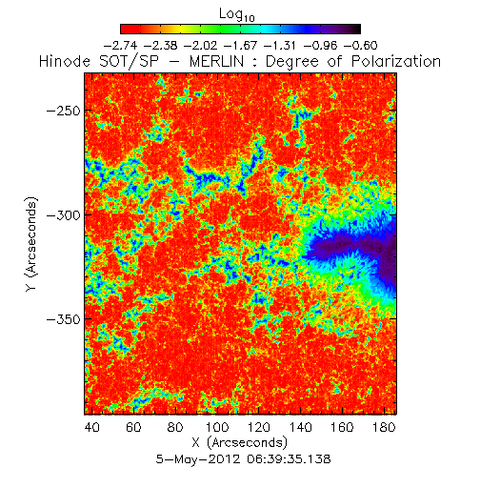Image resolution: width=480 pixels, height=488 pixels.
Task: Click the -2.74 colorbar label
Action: pyautogui.click(x=121, y=46)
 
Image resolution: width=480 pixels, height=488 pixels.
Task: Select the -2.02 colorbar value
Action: pyautogui.click(x=201, y=46)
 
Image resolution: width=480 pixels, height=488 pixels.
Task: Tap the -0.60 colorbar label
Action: pyautogui.click(x=361, y=46)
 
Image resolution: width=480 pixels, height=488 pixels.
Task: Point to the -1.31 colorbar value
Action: pyautogui.click(x=281, y=46)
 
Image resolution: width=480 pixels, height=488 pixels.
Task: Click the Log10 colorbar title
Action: pyautogui.click(x=237, y=14)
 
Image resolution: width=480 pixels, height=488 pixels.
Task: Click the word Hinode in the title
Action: pyautogui.click(x=65, y=61)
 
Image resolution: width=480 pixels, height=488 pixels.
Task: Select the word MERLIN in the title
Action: pyautogui.click(x=217, y=61)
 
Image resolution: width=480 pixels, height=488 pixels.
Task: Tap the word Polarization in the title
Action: pyautogui.click(x=396, y=62)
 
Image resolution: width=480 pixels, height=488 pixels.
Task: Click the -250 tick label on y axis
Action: pyautogui.click(x=64, y=112)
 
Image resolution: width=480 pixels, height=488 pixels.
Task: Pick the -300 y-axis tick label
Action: pyautogui.click(x=64, y=215)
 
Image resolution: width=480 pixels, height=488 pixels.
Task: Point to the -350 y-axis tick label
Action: pyautogui.click(x=64, y=319)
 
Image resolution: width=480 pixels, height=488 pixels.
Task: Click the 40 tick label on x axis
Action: pyautogui.click(x=92, y=427)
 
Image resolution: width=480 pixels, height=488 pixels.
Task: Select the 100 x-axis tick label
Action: pyautogui.click(x=217, y=427)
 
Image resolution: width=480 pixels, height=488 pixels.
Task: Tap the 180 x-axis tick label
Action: pyautogui.click(x=384, y=427)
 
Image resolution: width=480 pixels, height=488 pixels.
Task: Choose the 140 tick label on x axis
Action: pyautogui.click(x=301, y=427)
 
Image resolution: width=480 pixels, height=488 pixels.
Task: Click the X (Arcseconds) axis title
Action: pyautogui.click(x=240, y=442)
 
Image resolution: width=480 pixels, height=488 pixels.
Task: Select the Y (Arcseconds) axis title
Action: pyautogui.click(x=31, y=244)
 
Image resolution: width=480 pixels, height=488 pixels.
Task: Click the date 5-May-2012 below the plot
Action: pyautogui.click(x=198, y=459)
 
